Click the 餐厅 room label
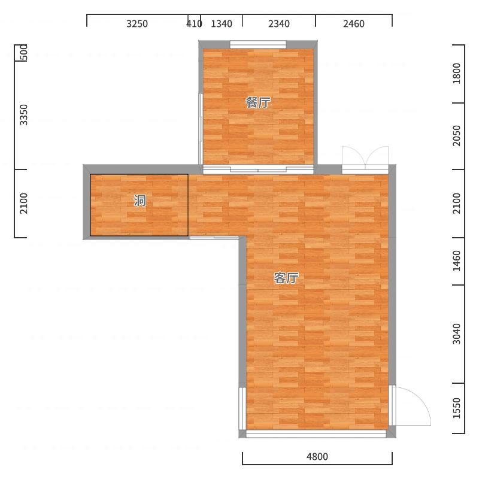point(258,102)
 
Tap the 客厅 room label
point(286,278)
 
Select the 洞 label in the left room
point(140,201)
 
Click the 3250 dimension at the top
point(137,24)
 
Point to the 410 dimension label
point(194,24)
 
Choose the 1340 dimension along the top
point(222,24)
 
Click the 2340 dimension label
point(279,24)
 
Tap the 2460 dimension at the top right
point(354,24)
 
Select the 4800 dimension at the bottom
point(317,457)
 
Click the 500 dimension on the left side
point(24,52)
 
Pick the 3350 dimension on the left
point(24,115)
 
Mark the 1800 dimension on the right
point(457,73)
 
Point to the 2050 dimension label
point(457,136)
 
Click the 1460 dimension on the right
point(457,261)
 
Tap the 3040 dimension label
point(457,334)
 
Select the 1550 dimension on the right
point(457,408)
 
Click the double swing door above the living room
point(365,160)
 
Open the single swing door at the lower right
point(410,406)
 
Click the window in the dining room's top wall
point(258,44)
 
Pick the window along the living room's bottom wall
point(316,433)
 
